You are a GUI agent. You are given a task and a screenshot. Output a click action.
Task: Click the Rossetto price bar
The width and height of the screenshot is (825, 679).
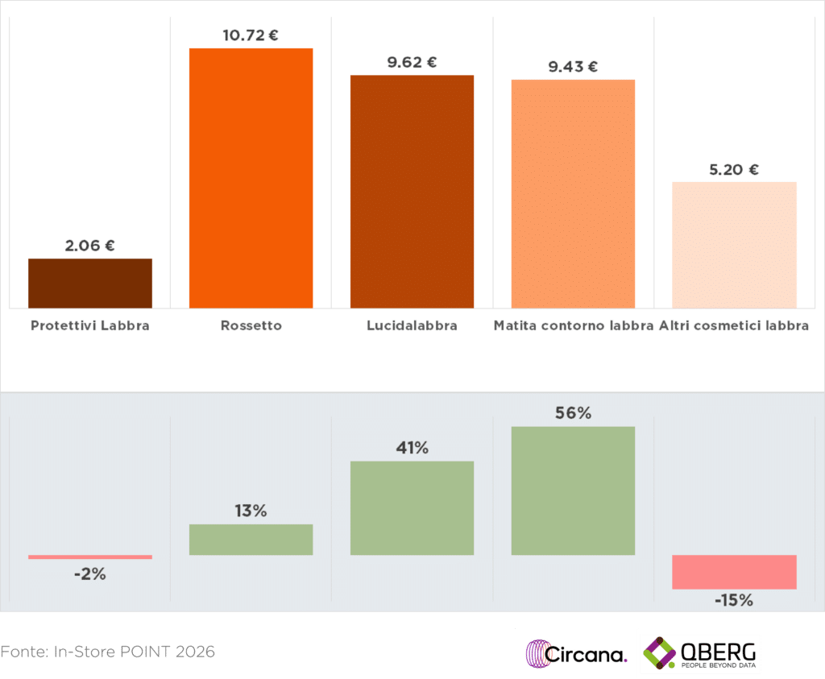[x=251, y=178]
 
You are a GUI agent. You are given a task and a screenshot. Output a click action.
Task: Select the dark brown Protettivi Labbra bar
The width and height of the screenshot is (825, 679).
[x=90, y=283]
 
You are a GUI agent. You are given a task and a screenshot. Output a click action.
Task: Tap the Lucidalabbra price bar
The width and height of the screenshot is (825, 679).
[x=412, y=191]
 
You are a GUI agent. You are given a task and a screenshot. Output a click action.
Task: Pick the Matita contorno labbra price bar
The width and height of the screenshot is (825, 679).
[x=573, y=193]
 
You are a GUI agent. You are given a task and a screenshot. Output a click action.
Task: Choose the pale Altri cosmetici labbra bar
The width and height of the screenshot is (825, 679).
[x=734, y=245]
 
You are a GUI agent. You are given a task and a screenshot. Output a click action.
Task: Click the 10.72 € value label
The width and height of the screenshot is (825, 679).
[x=251, y=35]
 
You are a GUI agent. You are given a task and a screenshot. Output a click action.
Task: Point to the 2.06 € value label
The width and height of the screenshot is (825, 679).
[x=90, y=246]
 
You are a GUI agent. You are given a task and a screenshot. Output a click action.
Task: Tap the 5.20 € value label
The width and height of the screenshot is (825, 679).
[x=734, y=169]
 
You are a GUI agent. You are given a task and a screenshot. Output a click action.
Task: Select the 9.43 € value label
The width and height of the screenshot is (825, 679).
[x=573, y=67]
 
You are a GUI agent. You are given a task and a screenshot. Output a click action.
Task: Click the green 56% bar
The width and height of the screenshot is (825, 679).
[x=573, y=491]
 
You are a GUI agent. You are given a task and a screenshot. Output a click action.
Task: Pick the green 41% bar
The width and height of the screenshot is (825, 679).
[x=412, y=507]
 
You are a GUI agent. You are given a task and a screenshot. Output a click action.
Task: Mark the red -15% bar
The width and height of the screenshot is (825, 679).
[x=734, y=572]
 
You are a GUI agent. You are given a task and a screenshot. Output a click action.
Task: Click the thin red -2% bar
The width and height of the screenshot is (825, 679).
[x=90, y=557]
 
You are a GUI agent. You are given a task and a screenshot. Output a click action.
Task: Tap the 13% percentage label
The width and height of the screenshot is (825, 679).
[x=251, y=511]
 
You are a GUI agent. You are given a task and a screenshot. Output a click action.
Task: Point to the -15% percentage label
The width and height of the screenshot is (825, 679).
[x=734, y=600]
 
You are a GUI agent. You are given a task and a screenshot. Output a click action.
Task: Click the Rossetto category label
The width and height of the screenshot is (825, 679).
[x=251, y=326]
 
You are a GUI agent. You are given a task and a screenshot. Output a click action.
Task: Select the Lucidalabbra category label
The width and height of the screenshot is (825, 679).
[x=412, y=326]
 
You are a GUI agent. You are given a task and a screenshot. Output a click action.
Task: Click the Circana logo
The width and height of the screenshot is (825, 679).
[x=576, y=653]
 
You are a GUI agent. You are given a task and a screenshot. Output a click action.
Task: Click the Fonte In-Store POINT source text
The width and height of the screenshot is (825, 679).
[x=108, y=651]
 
